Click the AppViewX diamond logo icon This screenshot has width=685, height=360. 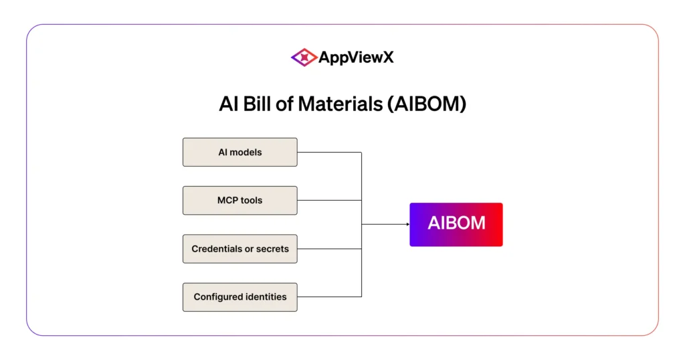[304, 58]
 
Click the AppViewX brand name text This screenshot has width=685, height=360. [356, 58]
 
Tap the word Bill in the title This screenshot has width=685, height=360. [256, 104]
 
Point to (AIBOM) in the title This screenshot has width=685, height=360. [427, 104]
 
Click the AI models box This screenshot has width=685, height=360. [240, 152]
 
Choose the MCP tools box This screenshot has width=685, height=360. [240, 201]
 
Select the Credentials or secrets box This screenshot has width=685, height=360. [240, 249]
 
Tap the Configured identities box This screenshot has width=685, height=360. [240, 297]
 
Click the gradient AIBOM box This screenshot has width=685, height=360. [456, 225]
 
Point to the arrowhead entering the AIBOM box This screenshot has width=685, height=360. [408, 225]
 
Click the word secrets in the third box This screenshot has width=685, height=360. [272, 249]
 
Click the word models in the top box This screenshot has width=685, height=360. [246, 152]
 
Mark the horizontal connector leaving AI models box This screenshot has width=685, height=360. [329, 153]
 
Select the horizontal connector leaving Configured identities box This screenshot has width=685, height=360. [329, 297]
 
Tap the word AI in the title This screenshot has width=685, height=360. [228, 104]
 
